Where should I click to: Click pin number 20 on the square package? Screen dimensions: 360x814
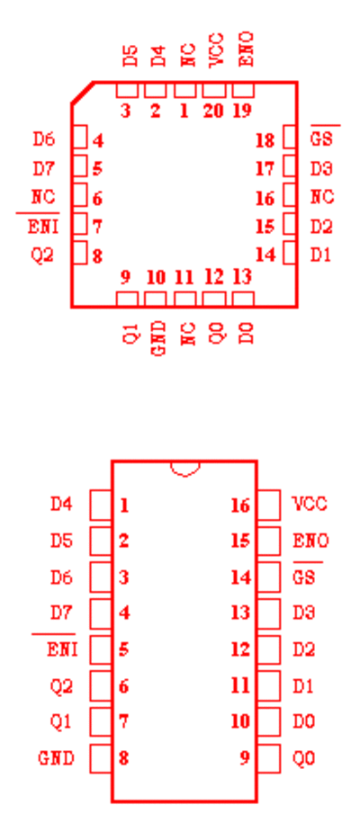pyautogui.click(x=213, y=112)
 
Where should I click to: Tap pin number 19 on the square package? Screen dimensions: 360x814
pyautogui.click(x=243, y=112)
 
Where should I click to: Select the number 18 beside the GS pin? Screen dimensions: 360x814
pyautogui.click(x=265, y=140)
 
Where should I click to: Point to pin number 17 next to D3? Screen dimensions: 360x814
pyautogui.click(x=265, y=169)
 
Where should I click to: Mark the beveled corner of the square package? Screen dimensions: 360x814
pyautogui.click(x=83, y=93)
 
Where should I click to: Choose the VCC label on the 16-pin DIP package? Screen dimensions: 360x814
pyautogui.click(x=310, y=504)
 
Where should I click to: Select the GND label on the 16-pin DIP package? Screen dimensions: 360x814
pyautogui.click(x=56, y=758)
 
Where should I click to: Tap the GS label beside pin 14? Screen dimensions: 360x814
pyautogui.click(x=304, y=577)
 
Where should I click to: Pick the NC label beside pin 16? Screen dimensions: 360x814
pyautogui.click(x=322, y=197)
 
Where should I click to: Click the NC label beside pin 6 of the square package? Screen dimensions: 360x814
pyautogui.click(x=43, y=197)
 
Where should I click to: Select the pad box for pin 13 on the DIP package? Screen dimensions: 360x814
pyautogui.click(x=269, y=613)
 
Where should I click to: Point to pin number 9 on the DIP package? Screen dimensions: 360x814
pyautogui.click(x=245, y=758)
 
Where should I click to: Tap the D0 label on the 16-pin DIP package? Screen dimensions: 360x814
pyautogui.click(x=304, y=721)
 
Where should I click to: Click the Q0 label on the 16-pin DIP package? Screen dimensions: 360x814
pyautogui.click(x=304, y=758)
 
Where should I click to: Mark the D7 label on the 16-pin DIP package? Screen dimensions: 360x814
pyautogui.click(x=61, y=613)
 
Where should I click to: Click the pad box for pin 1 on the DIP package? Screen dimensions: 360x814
pyautogui.click(x=101, y=505)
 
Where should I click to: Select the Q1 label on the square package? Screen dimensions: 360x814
pyautogui.click(x=130, y=332)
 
